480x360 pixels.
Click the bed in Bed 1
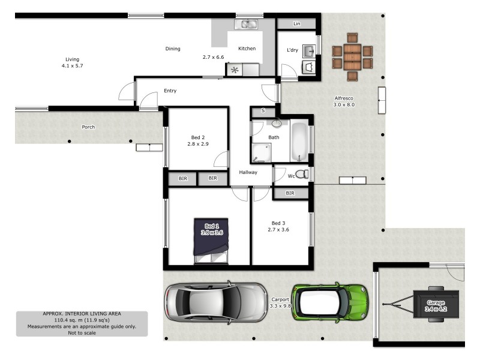[x=211, y=241]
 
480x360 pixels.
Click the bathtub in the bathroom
[x=299, y=142]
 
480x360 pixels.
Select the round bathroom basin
[x=277, y=124]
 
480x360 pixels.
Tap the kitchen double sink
[x=247, y=24]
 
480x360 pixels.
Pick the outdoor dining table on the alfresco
[x=352, y=57]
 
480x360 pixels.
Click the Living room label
[x=72, y=59]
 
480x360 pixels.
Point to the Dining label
[x=173, y=49]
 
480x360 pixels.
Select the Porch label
[x=88, y=127]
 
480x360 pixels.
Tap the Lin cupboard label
[x=296, y=24]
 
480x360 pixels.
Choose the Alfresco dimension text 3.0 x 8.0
[x=344, y=104]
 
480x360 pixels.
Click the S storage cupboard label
[x=263, y=112]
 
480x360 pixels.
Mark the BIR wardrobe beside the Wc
[x=290, y=193]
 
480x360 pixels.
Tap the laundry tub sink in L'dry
[x=308, y=52]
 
